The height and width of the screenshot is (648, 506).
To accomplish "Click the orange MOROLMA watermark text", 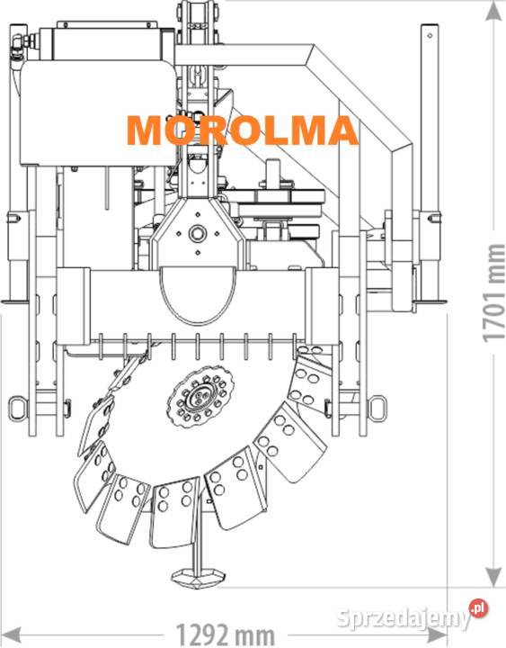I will (243, 130).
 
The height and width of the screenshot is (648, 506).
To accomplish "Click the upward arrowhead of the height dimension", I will (493, 11).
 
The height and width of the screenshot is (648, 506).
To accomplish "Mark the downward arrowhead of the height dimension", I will (493, 576).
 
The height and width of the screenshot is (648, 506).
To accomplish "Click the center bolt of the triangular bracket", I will (197, 233).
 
